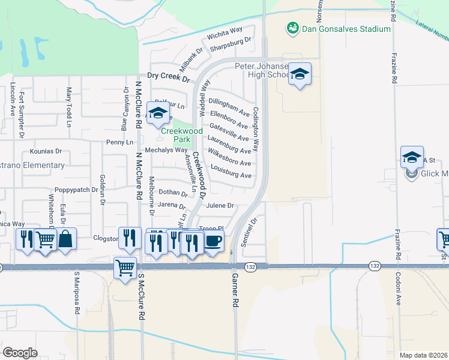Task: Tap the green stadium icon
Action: click(x=292, y=28)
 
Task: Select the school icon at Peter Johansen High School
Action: click(x=300, y=74)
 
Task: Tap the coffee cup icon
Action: click(x=214, y=241)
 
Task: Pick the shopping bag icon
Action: click(x=66, y=238)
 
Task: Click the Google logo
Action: click(x=20, y=353)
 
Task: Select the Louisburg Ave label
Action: click(x=231, y=175)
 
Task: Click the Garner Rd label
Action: click(x=235, y=292)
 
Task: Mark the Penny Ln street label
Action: click(x=119, y=142)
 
